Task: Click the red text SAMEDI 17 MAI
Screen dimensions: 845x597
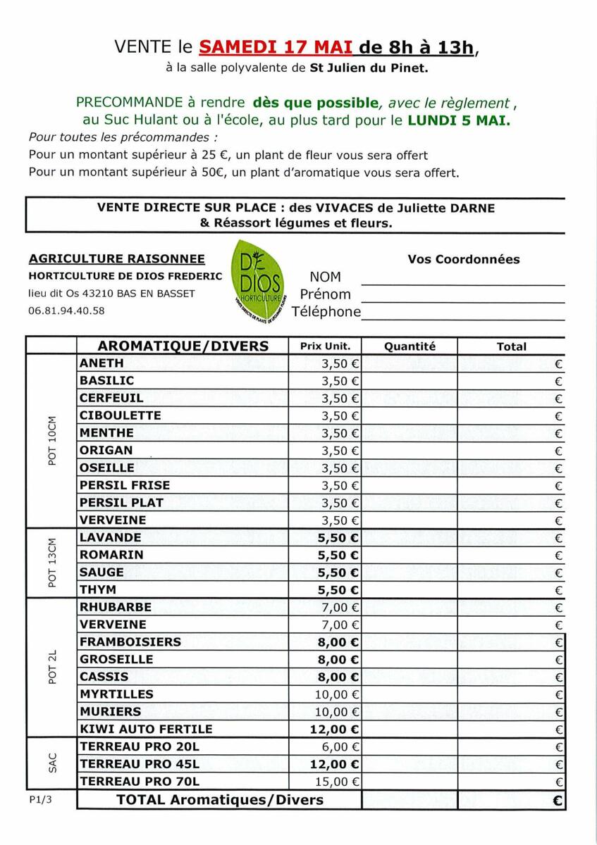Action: pos(276,48)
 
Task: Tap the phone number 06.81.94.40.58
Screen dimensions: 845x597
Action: pos(66,311)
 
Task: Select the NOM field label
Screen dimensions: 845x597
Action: pos(325,277)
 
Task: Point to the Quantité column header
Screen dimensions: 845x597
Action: pos(410,346)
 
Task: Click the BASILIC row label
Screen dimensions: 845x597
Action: pos(106,381)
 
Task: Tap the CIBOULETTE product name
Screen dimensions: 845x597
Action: pos(121,415)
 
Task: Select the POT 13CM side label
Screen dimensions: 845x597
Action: pos(51,563)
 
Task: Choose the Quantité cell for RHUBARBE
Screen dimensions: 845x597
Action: pos(410,608)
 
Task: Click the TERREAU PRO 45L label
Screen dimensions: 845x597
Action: pos(140,764)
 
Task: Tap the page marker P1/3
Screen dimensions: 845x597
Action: pos(40,801)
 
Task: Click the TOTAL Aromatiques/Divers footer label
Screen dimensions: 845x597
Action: pos(220,800)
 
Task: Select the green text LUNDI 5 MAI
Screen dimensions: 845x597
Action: pos(459,120)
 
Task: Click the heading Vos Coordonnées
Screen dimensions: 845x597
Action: pos(463,259)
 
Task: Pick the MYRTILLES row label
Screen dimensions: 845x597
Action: pos(116,694)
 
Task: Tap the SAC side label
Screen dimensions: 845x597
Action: pos(51,764)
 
